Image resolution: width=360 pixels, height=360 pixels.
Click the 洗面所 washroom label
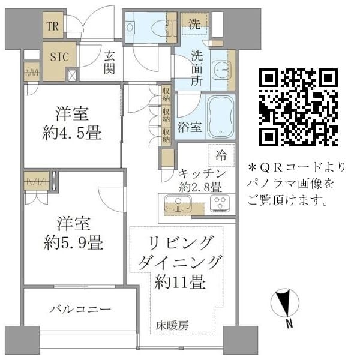coord(196,70)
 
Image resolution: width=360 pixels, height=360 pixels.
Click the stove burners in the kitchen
coord(218,204)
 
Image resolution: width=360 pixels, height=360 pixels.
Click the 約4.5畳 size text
coord(73,132)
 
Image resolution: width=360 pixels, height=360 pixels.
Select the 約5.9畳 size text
coord(73,243)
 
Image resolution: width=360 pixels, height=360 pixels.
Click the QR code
coord(298,107)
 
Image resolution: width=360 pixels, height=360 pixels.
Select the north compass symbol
coord(286,305)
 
